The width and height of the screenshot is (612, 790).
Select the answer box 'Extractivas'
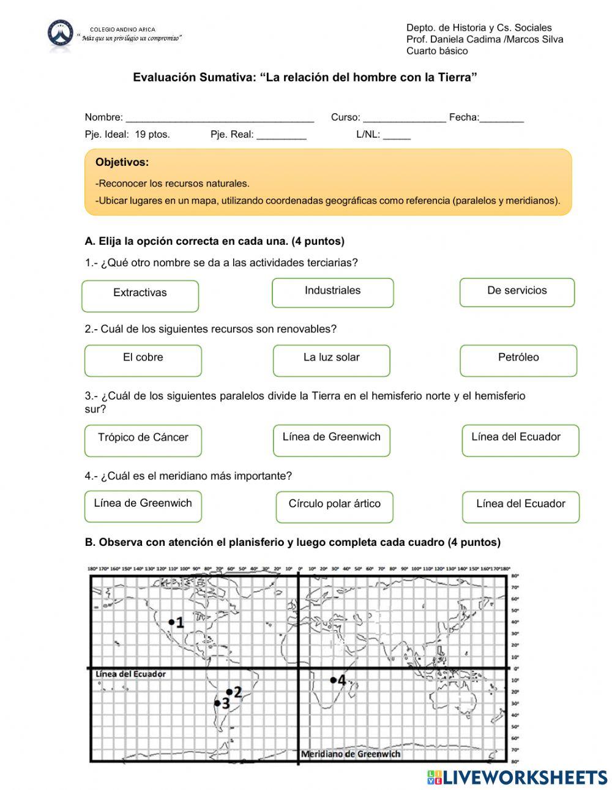coord(140,296)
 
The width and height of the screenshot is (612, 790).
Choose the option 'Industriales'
coord(332,293)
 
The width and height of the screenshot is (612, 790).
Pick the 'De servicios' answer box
coord(517,292)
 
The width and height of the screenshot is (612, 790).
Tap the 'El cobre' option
coord(143,360)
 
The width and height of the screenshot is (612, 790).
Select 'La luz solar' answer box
coord(331,360)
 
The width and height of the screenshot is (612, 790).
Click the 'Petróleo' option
coord(518,360)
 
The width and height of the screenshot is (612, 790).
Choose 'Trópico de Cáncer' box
coord(143,440)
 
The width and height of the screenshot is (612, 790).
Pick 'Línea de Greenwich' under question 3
coord(331,440)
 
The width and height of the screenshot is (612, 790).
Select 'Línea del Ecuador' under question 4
coord(520,506)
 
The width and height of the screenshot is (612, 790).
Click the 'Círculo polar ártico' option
coord(334,506)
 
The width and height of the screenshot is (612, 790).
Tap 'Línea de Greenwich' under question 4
coord(143,506)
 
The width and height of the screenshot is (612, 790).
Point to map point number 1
coord(171,622)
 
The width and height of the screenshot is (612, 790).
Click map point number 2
coord(229,692)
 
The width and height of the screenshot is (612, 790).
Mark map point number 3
coord(217,703)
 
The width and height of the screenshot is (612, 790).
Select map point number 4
coord(333,680)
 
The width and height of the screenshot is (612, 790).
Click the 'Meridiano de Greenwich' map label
coord(351,754)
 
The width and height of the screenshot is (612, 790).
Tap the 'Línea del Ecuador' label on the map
coord(130,674)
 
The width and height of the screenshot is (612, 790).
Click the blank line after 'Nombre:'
coord(219,117)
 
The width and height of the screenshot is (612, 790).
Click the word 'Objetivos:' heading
coord(122,162)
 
